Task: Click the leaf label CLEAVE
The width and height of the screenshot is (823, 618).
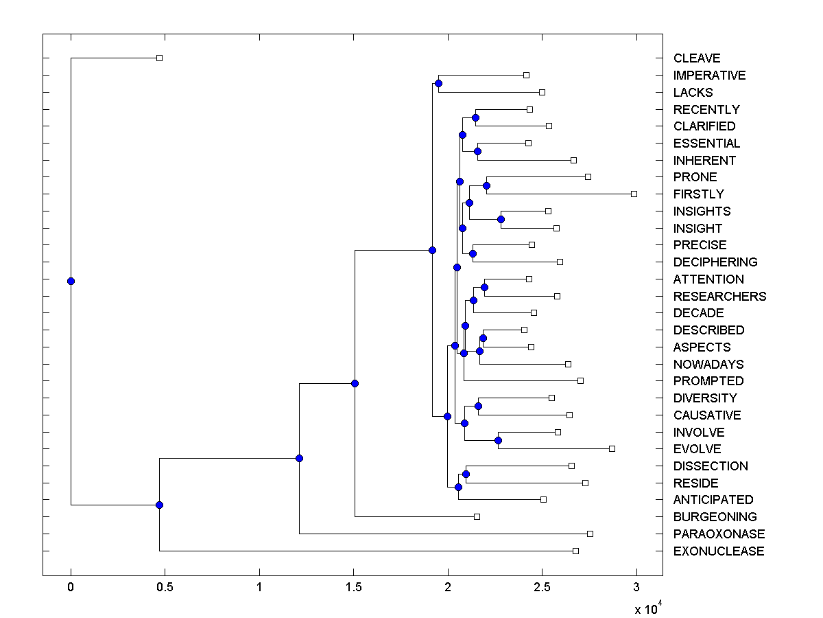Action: pos(697,58)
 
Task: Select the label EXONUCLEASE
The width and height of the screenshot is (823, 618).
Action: pos(719,551)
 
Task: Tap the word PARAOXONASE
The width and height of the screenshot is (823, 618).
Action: pos(719,534)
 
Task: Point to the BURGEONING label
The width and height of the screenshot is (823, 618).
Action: pos(715,517)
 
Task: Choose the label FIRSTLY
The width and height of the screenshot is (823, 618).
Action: pos(698,194)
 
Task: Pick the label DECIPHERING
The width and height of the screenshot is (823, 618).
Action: pos(715,262)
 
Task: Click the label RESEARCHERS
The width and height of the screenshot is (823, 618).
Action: pos(719,297)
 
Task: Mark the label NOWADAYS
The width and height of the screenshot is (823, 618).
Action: pos(708,365)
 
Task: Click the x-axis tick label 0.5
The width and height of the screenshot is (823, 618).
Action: pos(165,588)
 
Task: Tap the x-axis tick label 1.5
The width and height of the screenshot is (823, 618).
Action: pos(353,588)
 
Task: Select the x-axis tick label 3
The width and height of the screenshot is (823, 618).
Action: pos(636,588)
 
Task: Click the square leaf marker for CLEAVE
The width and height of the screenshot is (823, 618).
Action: pos(159,58)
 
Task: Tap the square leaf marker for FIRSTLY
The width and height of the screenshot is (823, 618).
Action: pos(634,194)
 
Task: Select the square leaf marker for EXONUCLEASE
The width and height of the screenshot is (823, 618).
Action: pos(575,551)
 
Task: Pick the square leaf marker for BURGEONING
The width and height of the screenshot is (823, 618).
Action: pos(477,516)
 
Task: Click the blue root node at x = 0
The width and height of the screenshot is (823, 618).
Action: pos(71,281)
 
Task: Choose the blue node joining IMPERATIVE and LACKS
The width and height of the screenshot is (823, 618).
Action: pos(438,83)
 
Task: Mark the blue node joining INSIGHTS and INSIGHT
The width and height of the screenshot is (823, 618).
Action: pos(501,219)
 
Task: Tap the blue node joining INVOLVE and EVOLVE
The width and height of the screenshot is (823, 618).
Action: pos(498,440)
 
